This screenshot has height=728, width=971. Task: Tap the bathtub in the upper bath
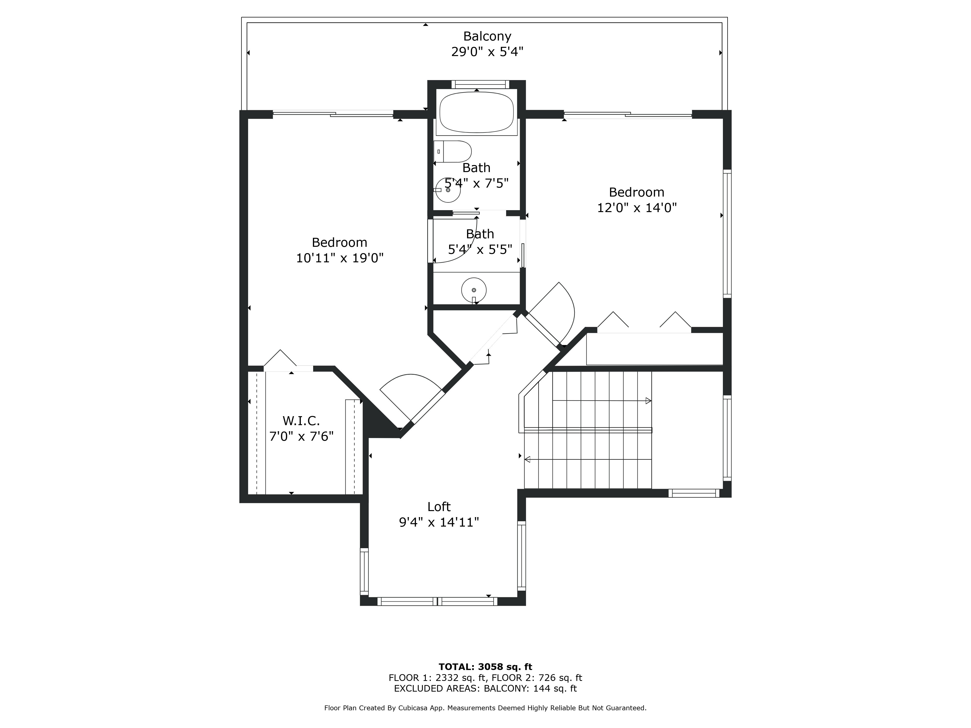476,112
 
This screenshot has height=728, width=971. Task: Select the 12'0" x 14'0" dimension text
636,207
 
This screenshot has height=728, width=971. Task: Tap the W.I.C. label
301,421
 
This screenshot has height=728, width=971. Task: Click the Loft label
439,507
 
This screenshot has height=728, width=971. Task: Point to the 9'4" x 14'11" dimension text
439,522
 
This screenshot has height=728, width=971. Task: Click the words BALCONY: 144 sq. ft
530,688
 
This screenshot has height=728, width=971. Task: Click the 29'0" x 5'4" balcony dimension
487,52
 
